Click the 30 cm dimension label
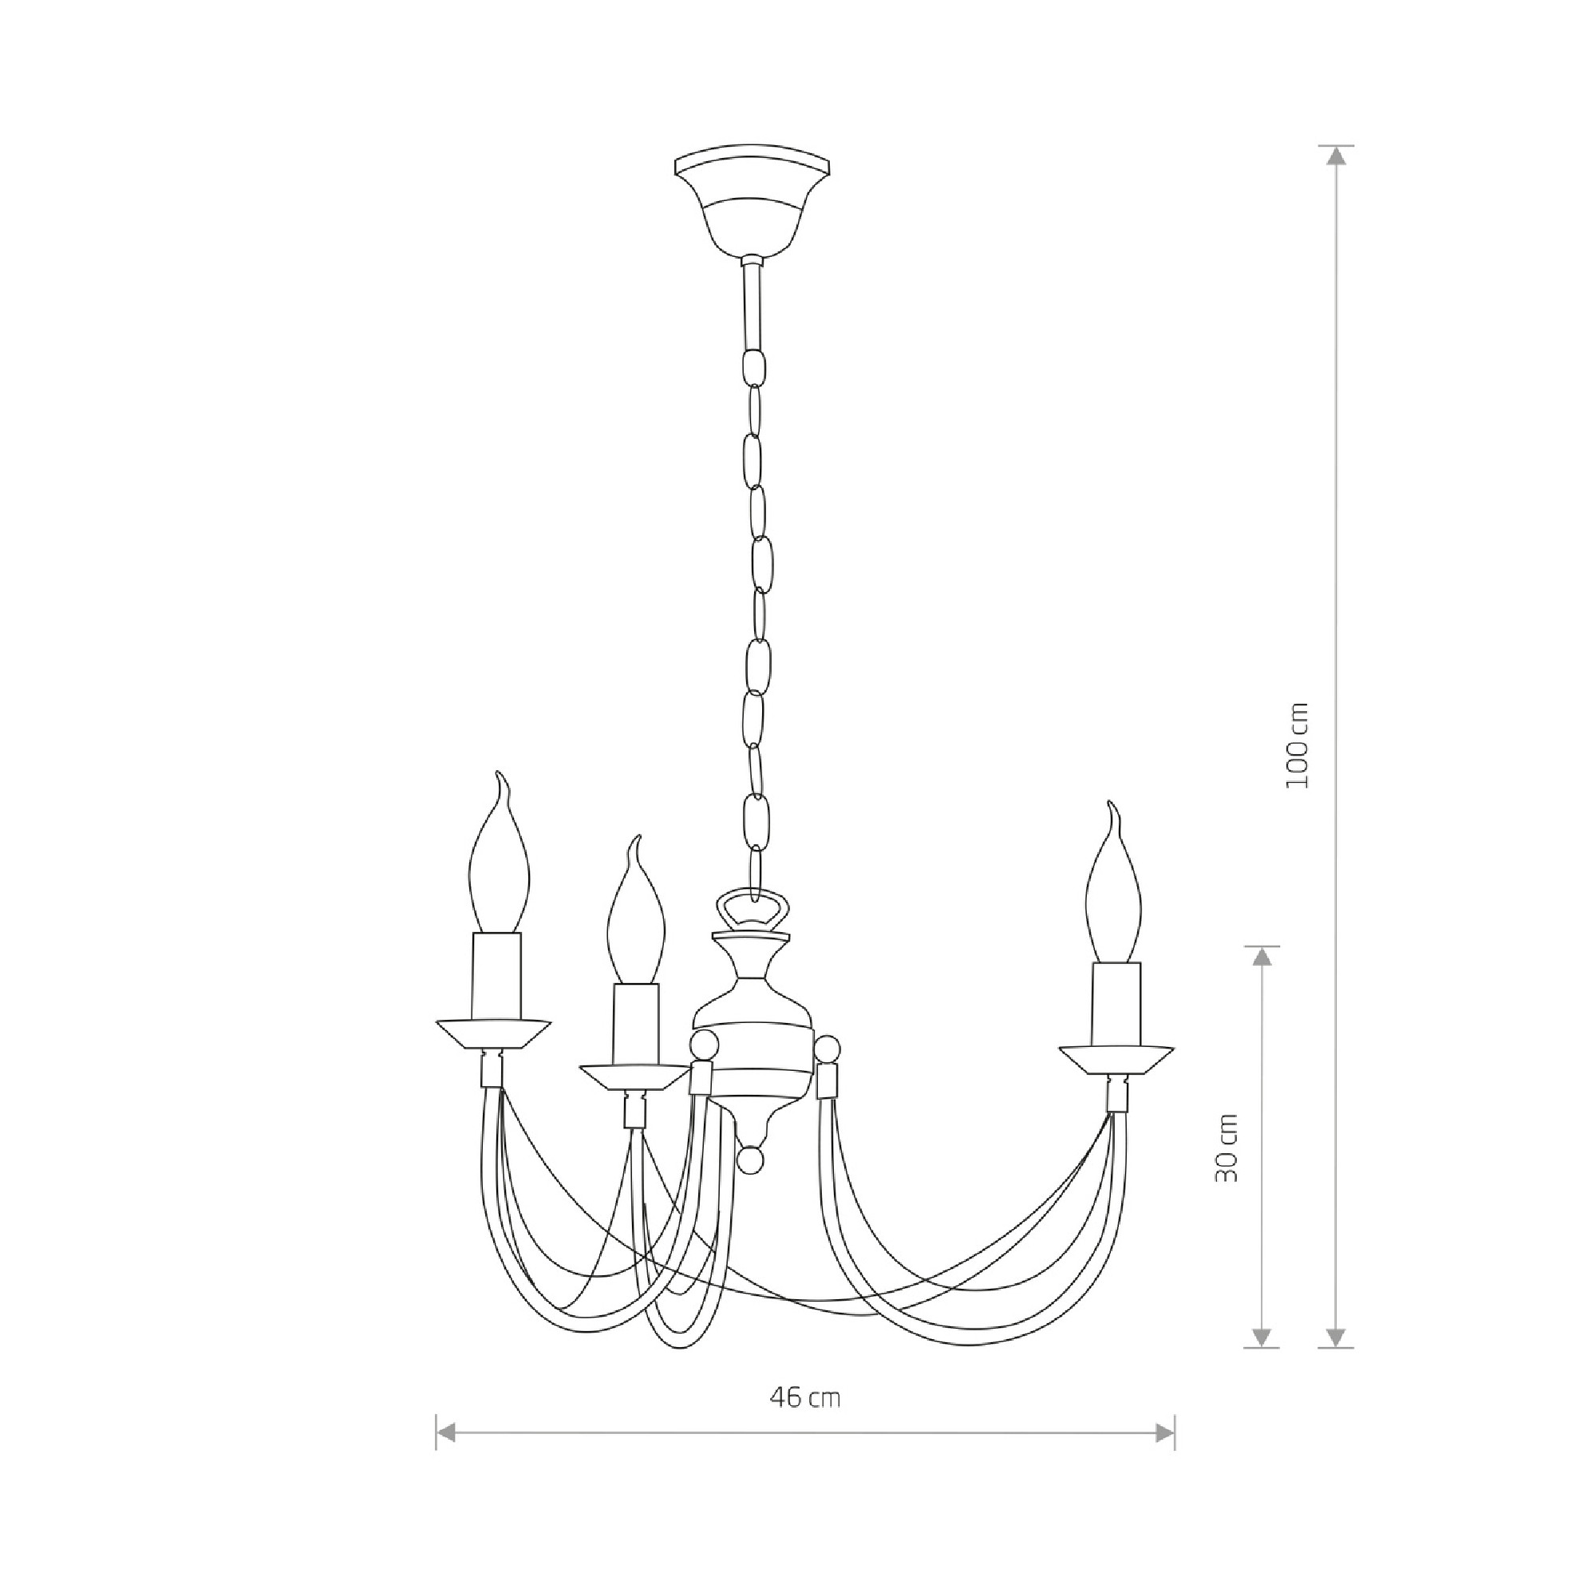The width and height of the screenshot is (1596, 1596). [1227, 1148]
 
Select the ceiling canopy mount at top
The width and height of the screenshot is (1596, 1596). [753, 202]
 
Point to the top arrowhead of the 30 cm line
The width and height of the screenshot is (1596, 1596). [1261, 958]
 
